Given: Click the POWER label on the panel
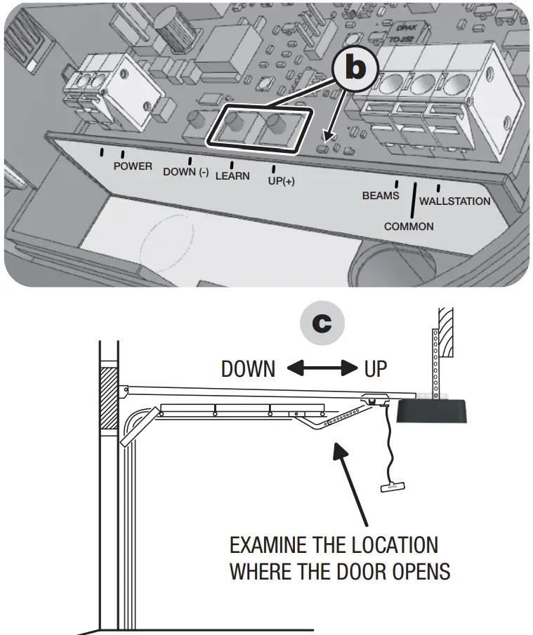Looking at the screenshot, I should (x=133, y=166).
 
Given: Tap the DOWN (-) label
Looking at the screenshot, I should (x=185, y=172).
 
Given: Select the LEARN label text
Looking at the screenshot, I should (x=232, y=176).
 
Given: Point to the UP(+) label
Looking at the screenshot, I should (x=282, y=181).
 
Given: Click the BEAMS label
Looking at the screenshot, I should (x=380, y=196).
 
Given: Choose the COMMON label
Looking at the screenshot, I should (x=409, y=227).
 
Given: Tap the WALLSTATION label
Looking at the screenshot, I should (x=454, y=201).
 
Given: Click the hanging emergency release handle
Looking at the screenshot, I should (x=393, y=486).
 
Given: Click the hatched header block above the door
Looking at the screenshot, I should (x=109, y=398).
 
